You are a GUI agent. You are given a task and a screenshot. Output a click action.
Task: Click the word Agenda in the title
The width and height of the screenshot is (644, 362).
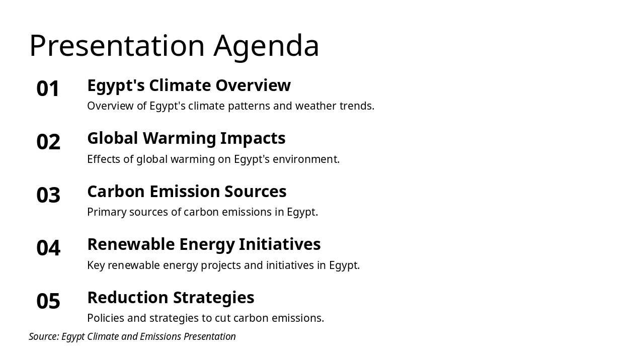tap(266, 46)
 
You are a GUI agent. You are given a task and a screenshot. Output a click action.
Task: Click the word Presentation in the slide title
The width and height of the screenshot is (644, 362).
tap(117, 46)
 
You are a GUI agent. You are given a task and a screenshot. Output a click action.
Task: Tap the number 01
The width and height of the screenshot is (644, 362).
tap(48, 89)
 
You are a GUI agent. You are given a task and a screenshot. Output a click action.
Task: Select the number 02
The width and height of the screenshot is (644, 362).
tap(48, 142)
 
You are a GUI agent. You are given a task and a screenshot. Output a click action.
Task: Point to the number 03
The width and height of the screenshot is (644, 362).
tap(48, 195)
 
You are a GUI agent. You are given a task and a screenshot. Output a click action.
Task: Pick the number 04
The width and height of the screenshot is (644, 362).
tap(48, 248)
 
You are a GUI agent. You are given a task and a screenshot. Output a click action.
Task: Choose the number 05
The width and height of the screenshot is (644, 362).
tap(48, 302)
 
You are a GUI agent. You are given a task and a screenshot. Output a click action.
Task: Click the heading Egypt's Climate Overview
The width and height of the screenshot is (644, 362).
tap(189, 85)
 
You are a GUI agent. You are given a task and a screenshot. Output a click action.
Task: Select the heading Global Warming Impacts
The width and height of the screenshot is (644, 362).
tap(186, 138)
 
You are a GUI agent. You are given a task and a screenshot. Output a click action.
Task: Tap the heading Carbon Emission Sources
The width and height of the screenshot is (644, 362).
tap(187, 192)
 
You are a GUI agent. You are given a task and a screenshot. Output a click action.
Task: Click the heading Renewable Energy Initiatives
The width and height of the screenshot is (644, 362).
tap(204, 244)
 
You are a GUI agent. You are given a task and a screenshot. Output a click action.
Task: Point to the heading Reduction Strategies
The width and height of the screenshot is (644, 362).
tap(171, 298)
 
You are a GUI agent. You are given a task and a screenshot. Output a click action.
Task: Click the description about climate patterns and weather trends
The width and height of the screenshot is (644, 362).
tap(230, 106)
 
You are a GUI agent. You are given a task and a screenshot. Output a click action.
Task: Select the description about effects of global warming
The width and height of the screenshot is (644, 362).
tap(213, 159)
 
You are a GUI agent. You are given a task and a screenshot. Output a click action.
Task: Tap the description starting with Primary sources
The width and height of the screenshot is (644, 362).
tap(202, 212)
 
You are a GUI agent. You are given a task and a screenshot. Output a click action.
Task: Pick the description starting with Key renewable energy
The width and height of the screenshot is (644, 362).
tap(223, 265)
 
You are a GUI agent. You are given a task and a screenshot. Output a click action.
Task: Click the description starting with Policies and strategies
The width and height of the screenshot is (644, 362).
tap(205, 318)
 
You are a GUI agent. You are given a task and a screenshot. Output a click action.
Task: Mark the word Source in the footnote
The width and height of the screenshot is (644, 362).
tap(43, 336)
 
